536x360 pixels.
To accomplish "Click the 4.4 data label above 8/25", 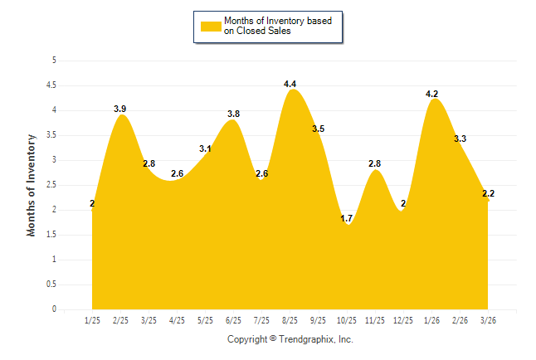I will coord(290,84).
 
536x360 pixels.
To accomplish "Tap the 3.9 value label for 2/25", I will coord(120,109).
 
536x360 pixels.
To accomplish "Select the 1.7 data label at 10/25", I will coord(347,218).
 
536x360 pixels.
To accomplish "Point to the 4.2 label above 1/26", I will coord(432,94).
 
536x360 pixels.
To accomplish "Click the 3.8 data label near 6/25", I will coord(234,114).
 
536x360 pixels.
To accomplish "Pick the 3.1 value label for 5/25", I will coord(206,148).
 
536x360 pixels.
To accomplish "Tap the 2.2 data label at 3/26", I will coord(489,193).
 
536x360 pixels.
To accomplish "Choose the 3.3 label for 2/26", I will coord(460,139).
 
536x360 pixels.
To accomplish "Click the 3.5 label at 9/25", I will coord(319,129).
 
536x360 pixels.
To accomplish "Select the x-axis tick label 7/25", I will coord(261,320).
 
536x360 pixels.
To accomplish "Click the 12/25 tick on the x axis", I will coord(402,320).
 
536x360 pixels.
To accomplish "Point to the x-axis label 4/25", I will coord(177,320).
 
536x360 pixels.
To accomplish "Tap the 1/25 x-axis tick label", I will coord(92,320).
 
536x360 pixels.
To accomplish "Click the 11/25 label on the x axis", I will coord(374,320).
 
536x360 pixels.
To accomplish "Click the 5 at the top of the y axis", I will coord(54,61).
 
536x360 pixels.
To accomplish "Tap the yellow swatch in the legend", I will coord(211,26).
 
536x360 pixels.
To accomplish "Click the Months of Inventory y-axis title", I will coord(32,185).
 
